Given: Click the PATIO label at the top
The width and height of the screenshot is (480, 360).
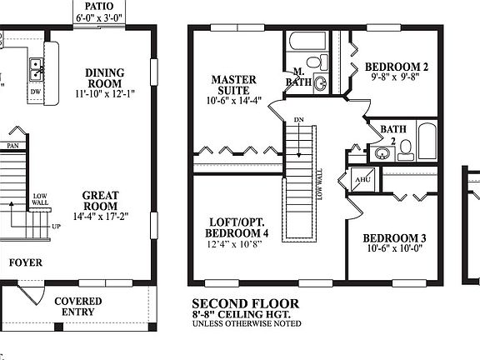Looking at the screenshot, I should (x=99, y=6).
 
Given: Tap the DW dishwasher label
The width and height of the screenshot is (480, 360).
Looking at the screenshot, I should (x=35, y=91).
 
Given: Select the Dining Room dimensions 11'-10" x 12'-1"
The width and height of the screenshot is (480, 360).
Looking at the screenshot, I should (x=105, y=94).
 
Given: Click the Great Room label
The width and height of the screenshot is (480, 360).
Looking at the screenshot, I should (x=100, y=201).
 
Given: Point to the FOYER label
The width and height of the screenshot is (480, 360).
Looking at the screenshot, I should (x=25, y=263).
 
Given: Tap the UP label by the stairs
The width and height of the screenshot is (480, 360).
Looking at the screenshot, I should (x=56, y=226).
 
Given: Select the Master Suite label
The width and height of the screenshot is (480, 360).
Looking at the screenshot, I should (x=233, y=85).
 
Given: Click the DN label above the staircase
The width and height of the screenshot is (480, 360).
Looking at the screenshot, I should (x=298, y=121).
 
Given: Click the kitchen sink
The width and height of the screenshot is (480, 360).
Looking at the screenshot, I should (x=37, y=65).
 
